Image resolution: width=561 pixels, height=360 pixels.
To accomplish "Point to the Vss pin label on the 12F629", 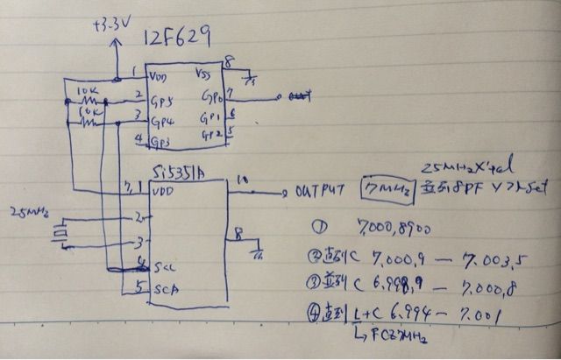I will (202, 74).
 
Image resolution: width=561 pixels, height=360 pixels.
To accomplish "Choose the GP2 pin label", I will (211, 133).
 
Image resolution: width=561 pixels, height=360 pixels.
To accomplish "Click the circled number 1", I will (318, 226).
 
